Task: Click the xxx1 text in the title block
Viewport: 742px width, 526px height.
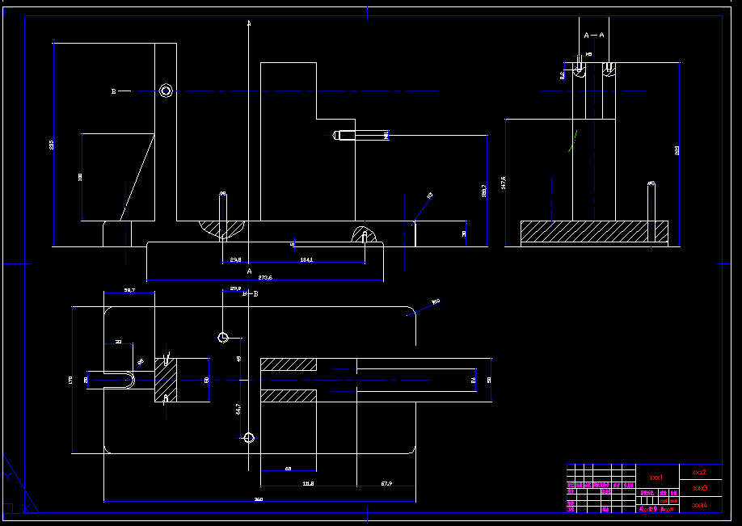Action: [x=656, y=478]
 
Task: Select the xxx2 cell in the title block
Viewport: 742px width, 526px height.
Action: [x=700, y=472]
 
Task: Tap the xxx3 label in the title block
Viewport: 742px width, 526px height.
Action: [x=701, y=488]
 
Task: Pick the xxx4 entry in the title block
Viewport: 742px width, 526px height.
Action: [x=701, y=505]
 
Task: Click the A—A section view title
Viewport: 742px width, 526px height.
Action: [x=594, y=36]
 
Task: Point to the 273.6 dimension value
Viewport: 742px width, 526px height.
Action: [x=265, y=277]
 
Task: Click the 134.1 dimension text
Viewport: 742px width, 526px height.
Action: [x=306, y=260]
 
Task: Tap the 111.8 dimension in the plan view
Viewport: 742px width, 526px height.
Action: [x=308, y=483]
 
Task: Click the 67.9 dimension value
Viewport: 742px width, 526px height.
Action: [x=386, y=483]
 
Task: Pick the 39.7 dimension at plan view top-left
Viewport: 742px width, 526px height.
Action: [x=129, y=289]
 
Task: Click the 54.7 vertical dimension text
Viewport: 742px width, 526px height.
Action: [x=238, y=409]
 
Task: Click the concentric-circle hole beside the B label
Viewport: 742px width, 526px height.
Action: [x=167, y=90]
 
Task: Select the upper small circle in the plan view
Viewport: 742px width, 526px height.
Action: [x=224, y=337]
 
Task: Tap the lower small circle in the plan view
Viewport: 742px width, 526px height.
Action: [x=249, y=438]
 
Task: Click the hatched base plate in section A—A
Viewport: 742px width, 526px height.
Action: [x=594, y=232]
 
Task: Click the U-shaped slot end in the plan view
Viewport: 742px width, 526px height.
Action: [x=125, y=379]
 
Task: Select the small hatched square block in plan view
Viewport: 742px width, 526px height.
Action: [x=167, y=379]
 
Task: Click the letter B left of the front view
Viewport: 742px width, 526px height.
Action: [x=114, y=91]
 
